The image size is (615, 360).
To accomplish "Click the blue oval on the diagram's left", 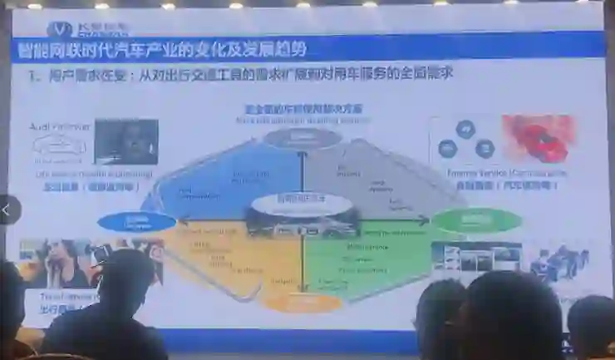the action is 136,222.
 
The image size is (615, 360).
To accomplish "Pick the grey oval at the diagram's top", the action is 303,138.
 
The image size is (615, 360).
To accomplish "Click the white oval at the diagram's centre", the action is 303,201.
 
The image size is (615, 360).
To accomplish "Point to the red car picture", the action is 539,138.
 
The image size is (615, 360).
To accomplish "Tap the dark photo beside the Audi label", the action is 125,141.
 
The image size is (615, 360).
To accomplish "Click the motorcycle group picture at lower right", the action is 560,261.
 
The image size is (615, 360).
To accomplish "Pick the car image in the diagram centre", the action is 303,221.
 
